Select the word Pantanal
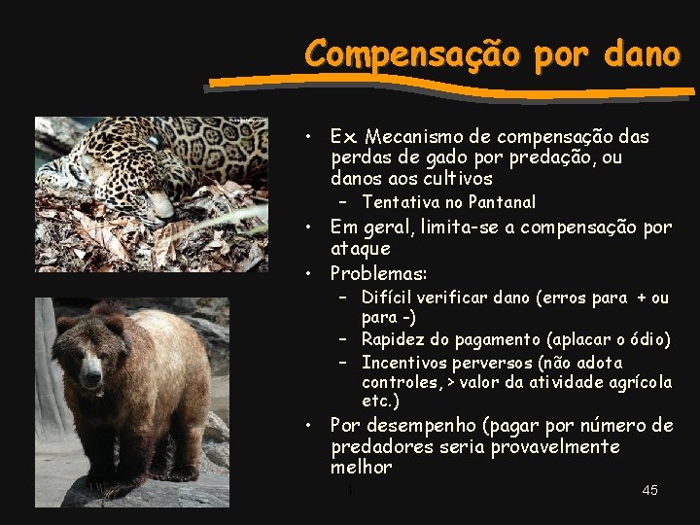502,202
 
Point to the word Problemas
378,272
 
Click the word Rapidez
394,339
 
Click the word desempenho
423,426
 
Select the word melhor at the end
362,468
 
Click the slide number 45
650,490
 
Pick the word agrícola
636,382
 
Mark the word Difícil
388,297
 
